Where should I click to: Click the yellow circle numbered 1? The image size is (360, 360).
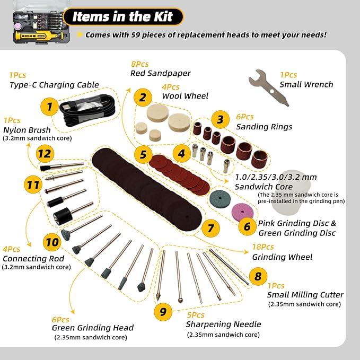[49, 107]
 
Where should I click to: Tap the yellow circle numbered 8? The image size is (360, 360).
[258, 276]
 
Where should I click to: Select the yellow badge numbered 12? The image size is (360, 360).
[45, 154]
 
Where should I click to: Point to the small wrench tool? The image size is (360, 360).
[269, 88]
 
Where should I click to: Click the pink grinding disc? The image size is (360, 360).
[242, 211]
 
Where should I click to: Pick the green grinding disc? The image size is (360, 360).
[220, 198]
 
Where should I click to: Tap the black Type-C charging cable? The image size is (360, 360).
[87, 110]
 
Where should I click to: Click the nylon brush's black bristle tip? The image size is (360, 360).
[43, 168]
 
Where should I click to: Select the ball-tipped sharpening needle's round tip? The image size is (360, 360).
[180, 300]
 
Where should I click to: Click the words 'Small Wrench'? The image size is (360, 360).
[306, 84]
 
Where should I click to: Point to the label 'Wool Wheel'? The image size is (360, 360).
[185, 96]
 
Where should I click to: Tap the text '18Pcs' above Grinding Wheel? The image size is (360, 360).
[263, 247]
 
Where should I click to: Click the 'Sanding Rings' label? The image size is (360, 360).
[264, 127]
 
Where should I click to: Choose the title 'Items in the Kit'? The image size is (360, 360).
[122, 16]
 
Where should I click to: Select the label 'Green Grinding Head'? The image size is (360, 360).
[93, 328]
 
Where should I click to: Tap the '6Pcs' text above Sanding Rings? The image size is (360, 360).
[245, 117]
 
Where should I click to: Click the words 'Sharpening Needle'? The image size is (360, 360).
[223, 324]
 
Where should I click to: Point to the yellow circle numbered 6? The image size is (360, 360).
[247, 226]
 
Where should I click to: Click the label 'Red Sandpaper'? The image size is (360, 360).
[160, 73]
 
